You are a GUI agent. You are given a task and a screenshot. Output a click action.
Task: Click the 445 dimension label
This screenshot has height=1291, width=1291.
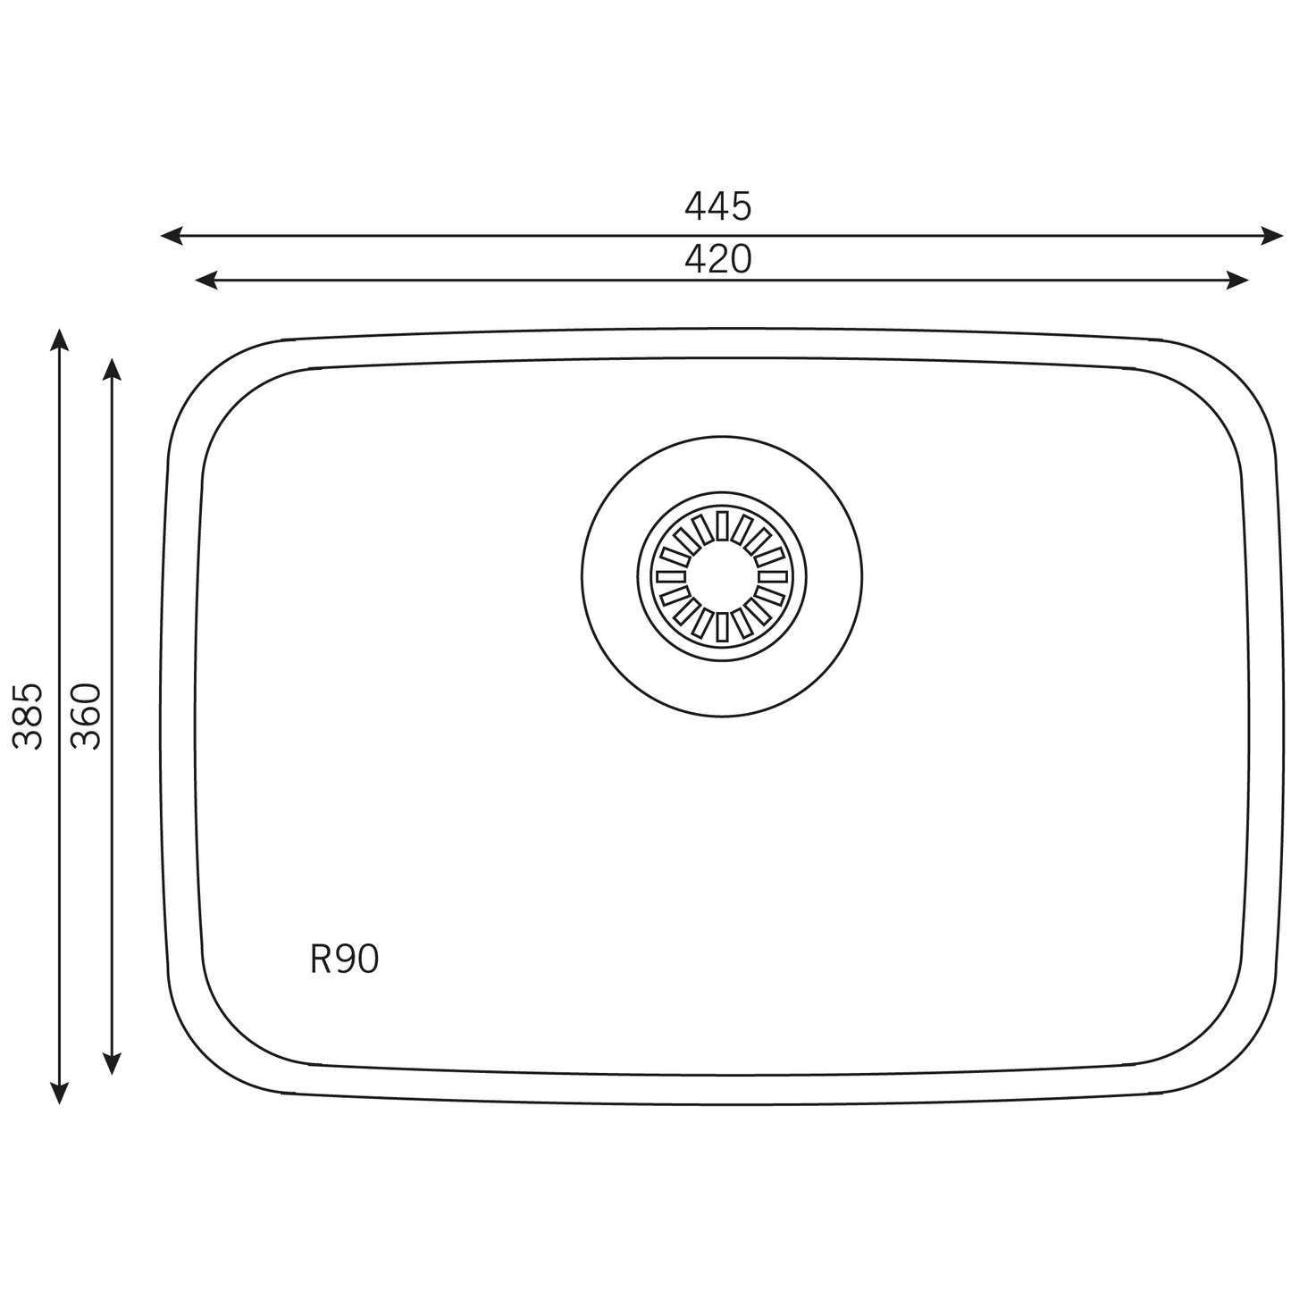717,206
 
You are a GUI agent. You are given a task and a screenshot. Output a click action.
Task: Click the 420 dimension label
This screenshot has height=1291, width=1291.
717,259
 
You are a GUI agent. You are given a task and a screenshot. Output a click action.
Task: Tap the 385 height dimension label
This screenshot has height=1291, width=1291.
29,716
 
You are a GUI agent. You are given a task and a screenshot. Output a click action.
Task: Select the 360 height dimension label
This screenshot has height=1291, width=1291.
86,716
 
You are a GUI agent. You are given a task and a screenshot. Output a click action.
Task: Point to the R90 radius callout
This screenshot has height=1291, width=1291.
344,959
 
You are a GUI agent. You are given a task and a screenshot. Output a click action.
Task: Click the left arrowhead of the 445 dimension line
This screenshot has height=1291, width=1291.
172,236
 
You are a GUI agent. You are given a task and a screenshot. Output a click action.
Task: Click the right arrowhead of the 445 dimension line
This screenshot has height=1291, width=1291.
1272,236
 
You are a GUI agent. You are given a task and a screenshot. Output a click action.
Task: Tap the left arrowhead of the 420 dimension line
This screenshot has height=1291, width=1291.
206,280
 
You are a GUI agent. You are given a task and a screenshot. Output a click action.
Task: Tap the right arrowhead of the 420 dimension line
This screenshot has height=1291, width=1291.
1237,280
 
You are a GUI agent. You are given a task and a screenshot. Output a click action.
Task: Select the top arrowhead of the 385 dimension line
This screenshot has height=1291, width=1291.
60,340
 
